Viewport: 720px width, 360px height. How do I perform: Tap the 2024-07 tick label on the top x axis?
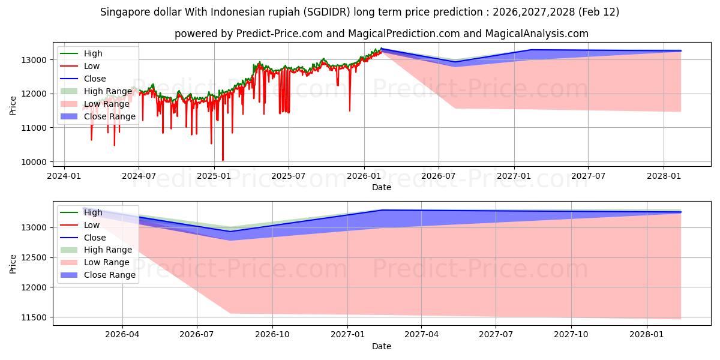(x=139, y=175)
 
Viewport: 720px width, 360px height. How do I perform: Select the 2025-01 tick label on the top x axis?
(x=214, y=175)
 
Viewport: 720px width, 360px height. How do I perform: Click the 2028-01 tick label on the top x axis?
(x=664, y=175)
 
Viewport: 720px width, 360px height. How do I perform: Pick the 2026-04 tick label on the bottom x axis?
(x=122, y=334)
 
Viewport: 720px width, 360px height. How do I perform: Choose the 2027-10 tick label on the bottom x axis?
(x=571, y=334)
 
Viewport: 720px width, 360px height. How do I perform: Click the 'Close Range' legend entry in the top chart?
(x=109, y=116)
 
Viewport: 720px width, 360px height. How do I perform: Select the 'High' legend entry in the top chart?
(x=92, y=53)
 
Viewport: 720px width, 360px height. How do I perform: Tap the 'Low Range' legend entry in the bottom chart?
(x=106, y=262)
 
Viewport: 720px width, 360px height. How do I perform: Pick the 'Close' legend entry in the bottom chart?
(x=95, y=238)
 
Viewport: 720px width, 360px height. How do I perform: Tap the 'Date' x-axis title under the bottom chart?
(x=381, y=346)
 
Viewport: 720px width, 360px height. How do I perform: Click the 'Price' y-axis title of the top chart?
(x=13, y=105)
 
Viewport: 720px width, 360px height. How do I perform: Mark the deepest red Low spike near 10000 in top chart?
(x=223, y=160)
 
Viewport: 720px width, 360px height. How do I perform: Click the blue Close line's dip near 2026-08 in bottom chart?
(x=230, y=232)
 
